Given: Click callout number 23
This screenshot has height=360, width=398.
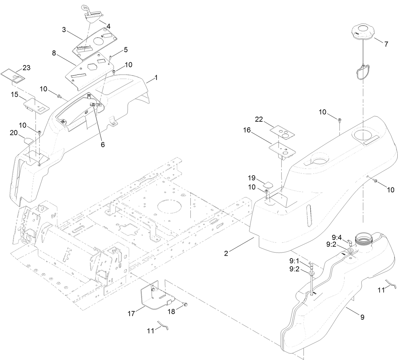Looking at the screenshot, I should click(27, 68).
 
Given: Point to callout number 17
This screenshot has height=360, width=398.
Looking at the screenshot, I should click(131, 314).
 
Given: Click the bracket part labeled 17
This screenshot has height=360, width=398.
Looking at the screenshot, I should click(155, 294).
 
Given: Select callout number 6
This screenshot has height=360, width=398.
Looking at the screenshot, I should click(103, 144).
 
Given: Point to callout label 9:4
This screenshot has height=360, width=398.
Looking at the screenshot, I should click(337, 237).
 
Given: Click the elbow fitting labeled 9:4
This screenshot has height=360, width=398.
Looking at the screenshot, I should click(349, 242).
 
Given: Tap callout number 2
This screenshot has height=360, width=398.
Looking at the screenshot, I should click(226, 253).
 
